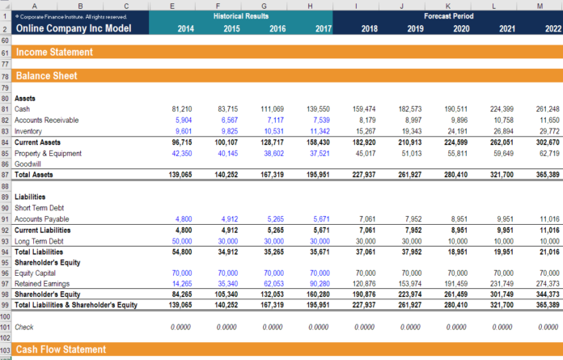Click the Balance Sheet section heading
(46, 76)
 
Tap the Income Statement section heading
(53, 52)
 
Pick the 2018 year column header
(369, 28)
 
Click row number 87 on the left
(6, 176)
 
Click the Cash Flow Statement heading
(61, 349)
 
